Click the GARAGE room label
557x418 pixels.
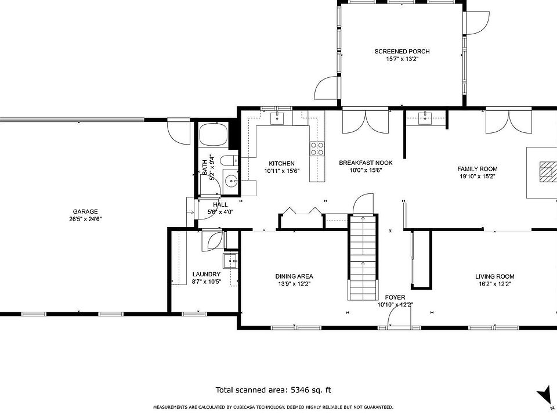click(85, 211)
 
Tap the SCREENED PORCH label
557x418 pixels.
click(402, 52)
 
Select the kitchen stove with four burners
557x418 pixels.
click(317, 149)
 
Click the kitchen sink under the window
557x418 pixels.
click(277, 118)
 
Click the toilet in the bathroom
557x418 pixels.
click(230, 161)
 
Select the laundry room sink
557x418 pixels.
click(230, 261)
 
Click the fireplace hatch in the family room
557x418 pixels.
click(548, 172)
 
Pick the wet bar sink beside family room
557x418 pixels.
click(425, 118)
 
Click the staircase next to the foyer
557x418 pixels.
click(363, 257)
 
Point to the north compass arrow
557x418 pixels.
click(544, 395)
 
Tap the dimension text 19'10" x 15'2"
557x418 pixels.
click(477, 176)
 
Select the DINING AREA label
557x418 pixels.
click(294, 276)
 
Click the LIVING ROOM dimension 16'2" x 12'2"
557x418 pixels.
click(495, 284)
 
